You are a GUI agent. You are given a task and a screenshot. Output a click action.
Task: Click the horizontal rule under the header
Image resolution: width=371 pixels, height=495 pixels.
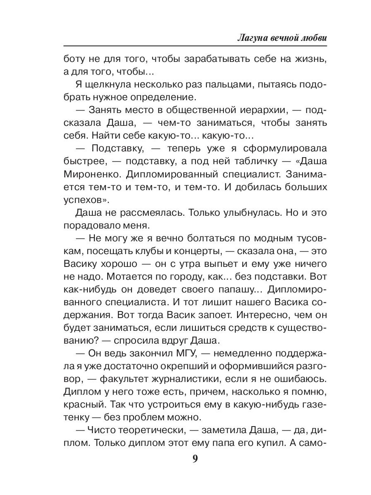coord(195,46)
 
